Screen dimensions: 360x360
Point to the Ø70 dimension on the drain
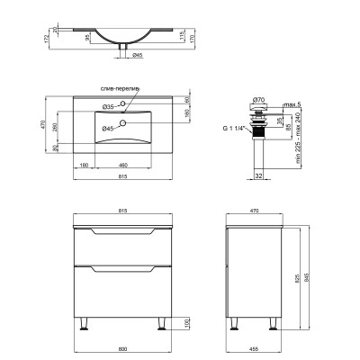(257, 97)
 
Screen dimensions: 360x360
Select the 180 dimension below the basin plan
(83, 165)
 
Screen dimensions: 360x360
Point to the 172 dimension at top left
(19, 40)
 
